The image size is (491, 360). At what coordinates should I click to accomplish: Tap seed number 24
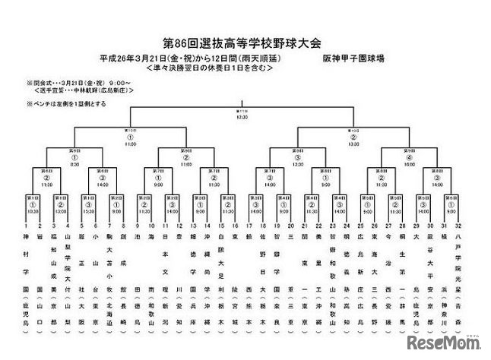[x=346, y=226]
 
